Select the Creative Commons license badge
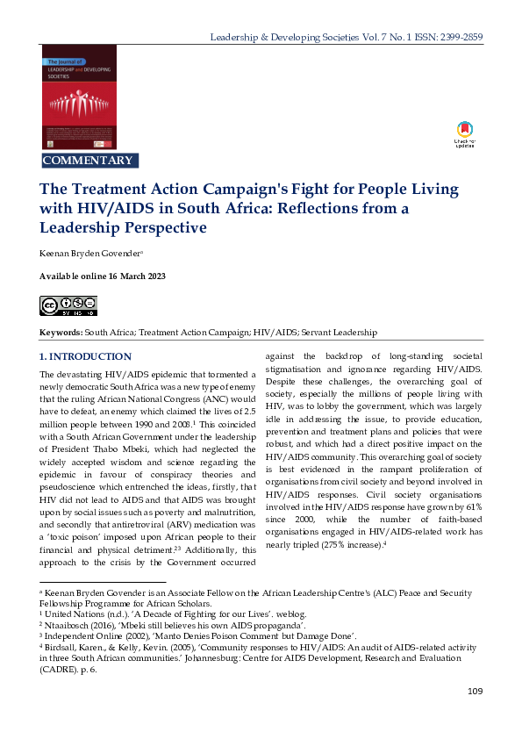[x=68, y=305]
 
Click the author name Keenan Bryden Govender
[x=90, y=253]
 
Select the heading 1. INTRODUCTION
[x=86, y=357]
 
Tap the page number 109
[x=475, y=692]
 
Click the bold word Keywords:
[x=61, y=333]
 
